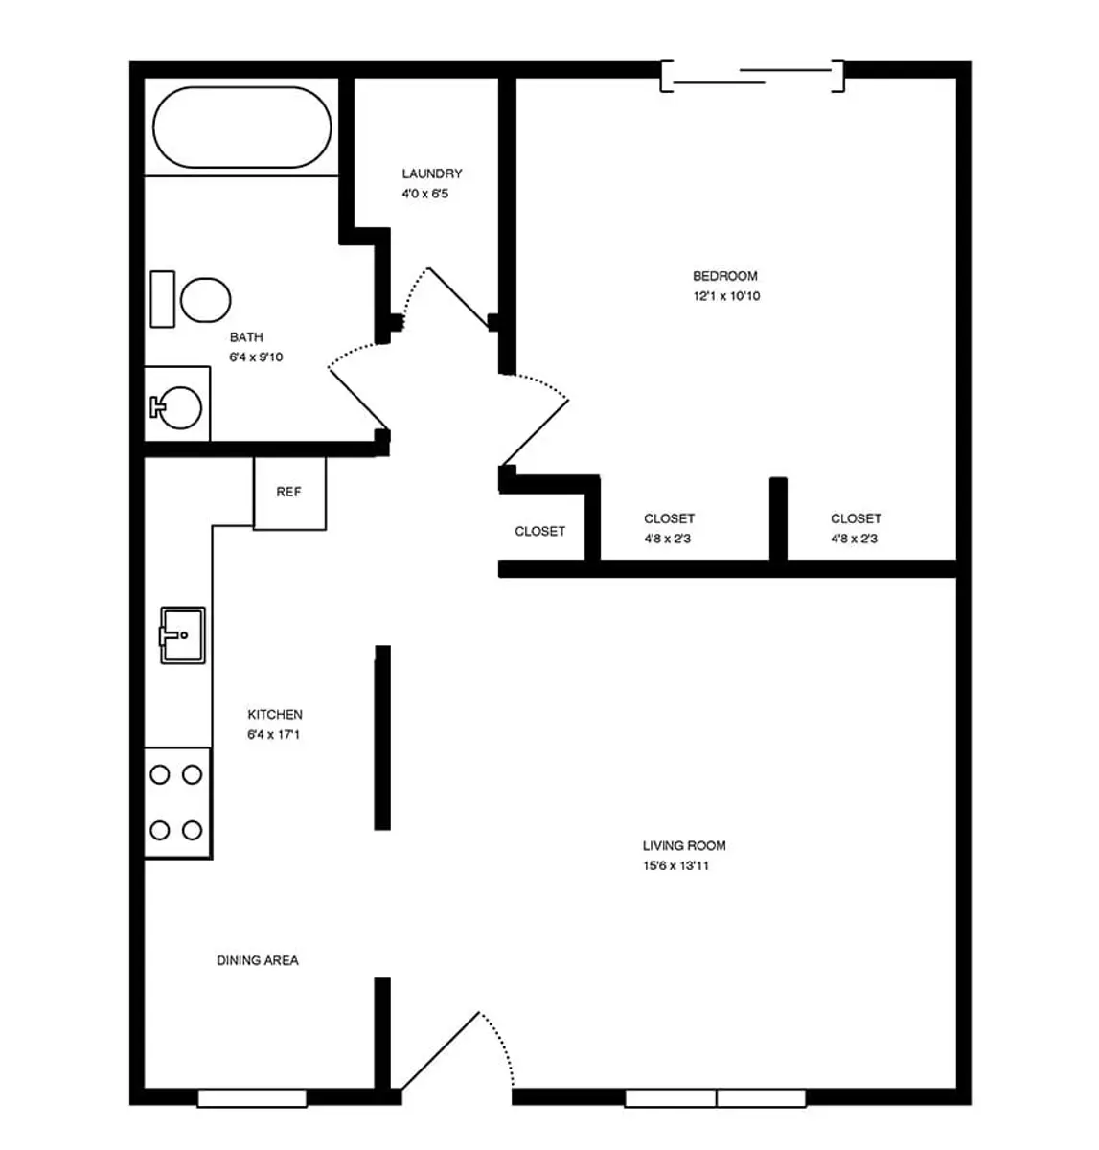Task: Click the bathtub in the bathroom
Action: pos(241,127)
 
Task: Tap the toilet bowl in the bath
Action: pos(205,300)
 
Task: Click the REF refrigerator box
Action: pos(289,493)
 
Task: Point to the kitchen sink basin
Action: pos(183,635)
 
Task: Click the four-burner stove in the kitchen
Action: pos(177,802)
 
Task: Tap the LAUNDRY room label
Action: pos(432,173)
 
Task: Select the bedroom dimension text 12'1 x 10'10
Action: pos(726,295)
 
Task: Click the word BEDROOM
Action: pos(725,275)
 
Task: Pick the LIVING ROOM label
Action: pos(684,845)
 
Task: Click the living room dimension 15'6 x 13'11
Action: pos(675,865)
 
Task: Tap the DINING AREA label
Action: pos(258,960)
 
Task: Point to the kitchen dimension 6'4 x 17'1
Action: pos(274,734)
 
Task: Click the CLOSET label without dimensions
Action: pos(540,531)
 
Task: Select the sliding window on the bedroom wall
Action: pos(752,77)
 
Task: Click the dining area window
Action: pos(252,1098)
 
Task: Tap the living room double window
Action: pos(716,1098)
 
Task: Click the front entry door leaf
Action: pos(440,1050)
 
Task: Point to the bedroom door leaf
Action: pos(536,432)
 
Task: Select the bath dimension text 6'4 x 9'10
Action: pos(256,356)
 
